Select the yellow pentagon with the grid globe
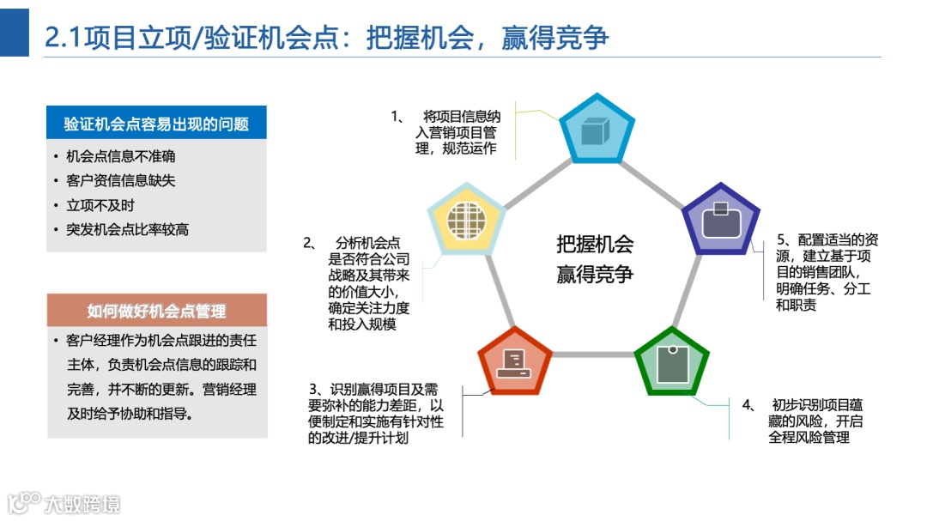click(x=466, y=220)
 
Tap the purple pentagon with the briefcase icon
click(x=721, y=221)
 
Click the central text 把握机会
click(x=594, y=245)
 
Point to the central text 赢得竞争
click(x=594, y=275)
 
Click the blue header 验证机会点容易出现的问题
click(x=156, y=124)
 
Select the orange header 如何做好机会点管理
click(x=156, y=311)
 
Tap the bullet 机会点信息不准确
click(x=121, y=156)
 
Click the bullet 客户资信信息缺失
click(x=121, y=181)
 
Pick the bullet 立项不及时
click(x=100, y=205)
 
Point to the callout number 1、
click(x=397, y=116)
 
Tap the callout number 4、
click(x=748, y=404)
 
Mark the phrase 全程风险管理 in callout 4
click(x=809, y=437)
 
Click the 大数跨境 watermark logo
click(x=64, y=503)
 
